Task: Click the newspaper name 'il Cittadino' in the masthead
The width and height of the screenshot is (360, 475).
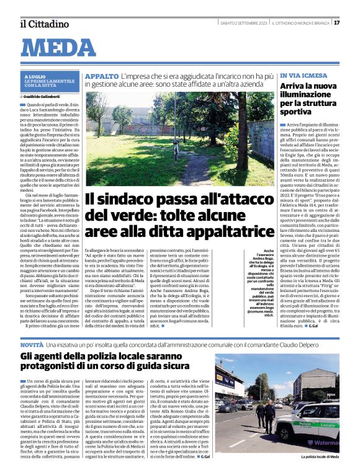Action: [43, 24]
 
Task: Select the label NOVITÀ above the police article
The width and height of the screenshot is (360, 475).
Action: [32, 343]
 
